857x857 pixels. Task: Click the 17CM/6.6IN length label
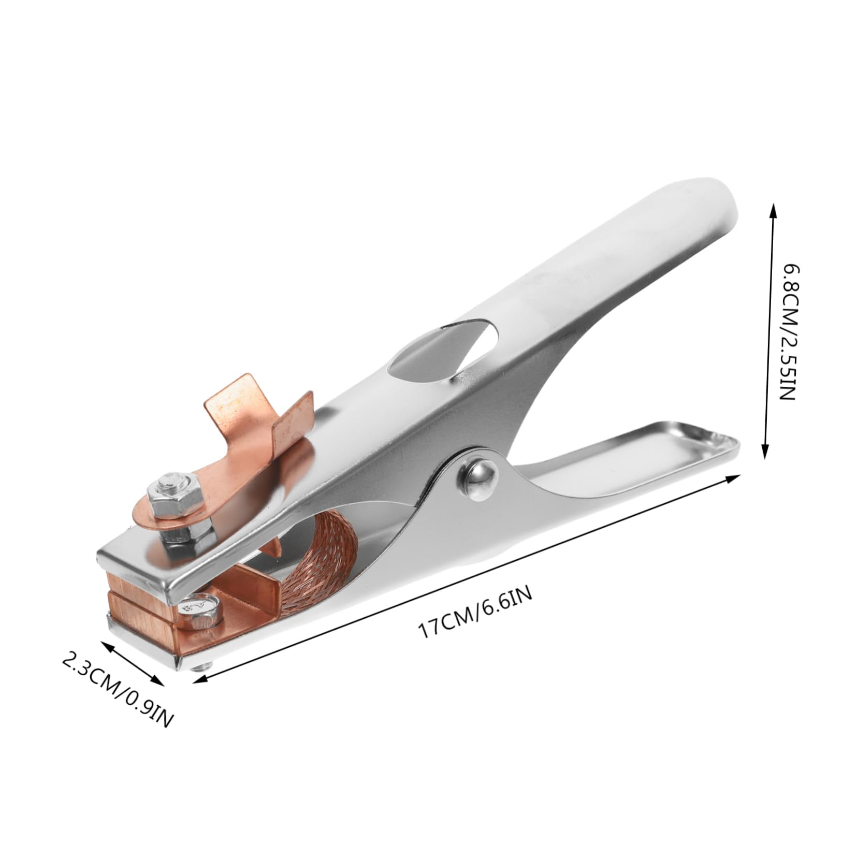tap(474, 617)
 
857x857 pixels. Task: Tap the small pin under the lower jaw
tap(199, 666)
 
